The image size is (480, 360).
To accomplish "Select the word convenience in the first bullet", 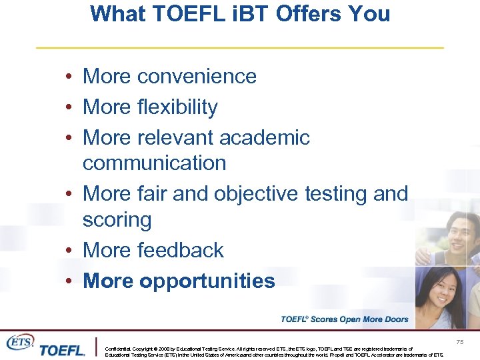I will tap(197, 77).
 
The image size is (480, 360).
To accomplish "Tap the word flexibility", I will tap(177, 107).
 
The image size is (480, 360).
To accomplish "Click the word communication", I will tap(154, 163).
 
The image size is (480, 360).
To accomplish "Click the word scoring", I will tap(117, 220).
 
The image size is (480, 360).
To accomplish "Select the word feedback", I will tap(181, 251).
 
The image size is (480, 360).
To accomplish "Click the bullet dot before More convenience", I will tap(69, 77).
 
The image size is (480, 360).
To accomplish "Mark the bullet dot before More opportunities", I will tap(69, 281).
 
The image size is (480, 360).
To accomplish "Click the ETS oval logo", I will tap(20, 341).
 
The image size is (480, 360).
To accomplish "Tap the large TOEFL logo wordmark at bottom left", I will tap(62, 350).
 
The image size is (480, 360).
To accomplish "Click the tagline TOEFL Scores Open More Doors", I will tap(344, 319).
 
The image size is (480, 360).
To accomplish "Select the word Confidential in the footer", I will tap(119, 349).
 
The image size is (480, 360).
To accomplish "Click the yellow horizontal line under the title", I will tap(239, 48).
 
